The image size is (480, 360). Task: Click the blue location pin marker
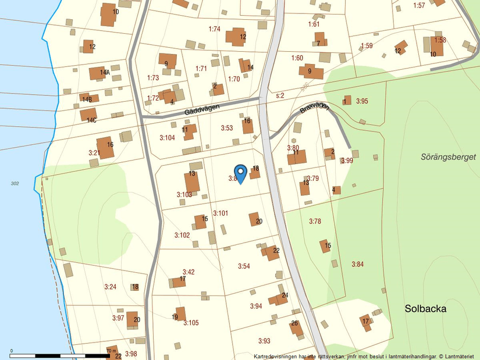coord(240,173)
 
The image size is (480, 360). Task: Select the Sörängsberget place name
coord(448,157)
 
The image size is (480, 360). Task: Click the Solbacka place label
coord(425,309)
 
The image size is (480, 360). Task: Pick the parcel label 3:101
coord(221,213)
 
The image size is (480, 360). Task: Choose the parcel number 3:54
coord(244,266)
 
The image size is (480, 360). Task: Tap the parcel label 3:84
coord(357,264)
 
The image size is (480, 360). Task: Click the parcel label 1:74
coord(215,28)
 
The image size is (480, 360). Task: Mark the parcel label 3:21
coord(94,153)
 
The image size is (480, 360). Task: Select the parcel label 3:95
coord(362,101)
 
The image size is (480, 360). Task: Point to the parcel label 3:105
coord(191,323)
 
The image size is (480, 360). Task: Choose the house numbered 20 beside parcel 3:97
coord(135,319)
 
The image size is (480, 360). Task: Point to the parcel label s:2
coord(280,95)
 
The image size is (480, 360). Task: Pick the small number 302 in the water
coord(15,183)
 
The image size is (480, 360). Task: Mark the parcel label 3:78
coord(315,221)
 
